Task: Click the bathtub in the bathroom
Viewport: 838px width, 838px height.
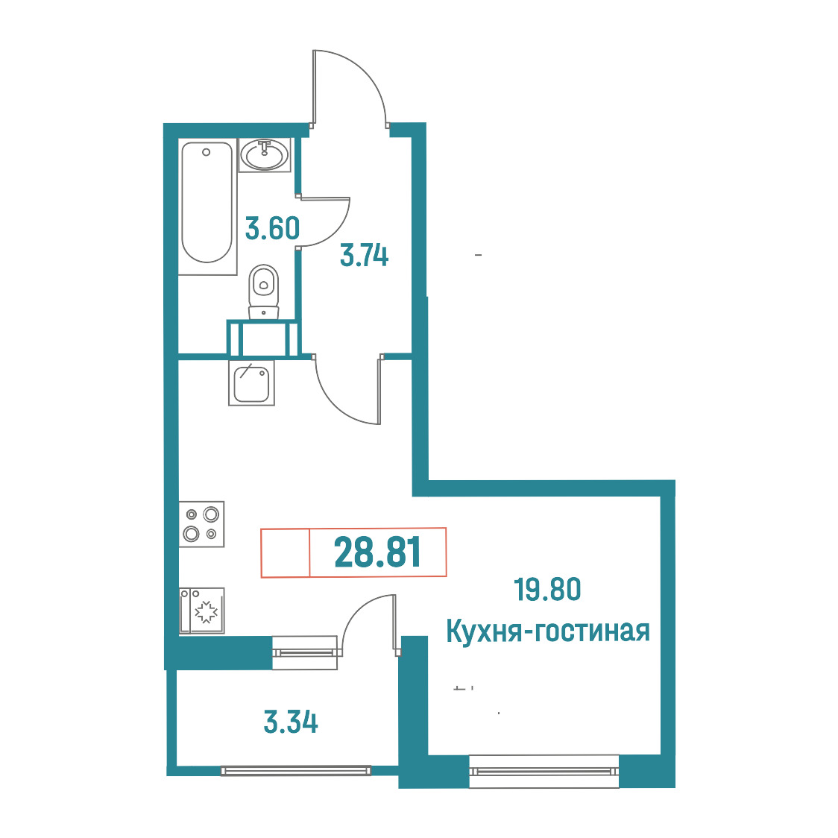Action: pos(207,207)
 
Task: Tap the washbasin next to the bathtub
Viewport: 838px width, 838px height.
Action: pos(265,155)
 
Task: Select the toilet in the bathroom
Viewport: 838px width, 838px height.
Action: pos(263,292)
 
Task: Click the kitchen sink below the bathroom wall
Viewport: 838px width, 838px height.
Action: pos(251,382)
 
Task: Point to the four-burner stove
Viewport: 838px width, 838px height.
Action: pos(201,523)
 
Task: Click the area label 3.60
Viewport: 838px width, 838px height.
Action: pos(272,228)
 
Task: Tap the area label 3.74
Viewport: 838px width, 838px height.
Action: pos(364,256)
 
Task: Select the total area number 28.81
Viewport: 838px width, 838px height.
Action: pos(377,552)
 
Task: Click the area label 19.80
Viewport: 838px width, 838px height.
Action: pos(547,590)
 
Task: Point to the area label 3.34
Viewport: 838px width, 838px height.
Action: pos(291,722)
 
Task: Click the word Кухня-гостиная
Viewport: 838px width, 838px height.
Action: pos(548,631)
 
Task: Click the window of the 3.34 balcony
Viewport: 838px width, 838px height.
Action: pos(295,770)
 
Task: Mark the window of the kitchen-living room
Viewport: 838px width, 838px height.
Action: pos(544,771)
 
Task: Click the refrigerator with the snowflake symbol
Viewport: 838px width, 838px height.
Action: pos(201,611)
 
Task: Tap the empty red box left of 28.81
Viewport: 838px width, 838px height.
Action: pos(286,552)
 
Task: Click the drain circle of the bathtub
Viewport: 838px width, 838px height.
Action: pos(206,152)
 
